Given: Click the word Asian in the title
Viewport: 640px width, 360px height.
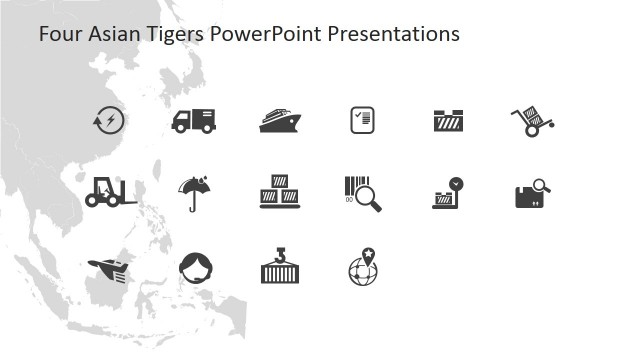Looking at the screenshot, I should tap(110, 34).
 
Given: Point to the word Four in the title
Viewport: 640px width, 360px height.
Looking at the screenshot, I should tap(58, 34).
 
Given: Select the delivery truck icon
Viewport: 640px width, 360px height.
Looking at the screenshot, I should tap(193, 120).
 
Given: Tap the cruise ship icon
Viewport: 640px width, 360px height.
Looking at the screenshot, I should tap(280, 120).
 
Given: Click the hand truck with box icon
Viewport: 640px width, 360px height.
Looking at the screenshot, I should tap(532, 121).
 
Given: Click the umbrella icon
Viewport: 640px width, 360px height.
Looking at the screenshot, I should tap(193, 192).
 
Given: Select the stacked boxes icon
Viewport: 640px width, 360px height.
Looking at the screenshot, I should tap(279, 192).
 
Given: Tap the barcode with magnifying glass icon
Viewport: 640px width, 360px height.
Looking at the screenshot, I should tap(362, 193).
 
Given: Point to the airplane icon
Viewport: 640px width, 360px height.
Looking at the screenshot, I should tap(109, 268).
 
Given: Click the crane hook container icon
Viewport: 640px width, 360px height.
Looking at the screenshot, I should tap(280, 266).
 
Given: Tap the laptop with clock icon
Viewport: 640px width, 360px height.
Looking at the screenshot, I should tap(446, 193).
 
